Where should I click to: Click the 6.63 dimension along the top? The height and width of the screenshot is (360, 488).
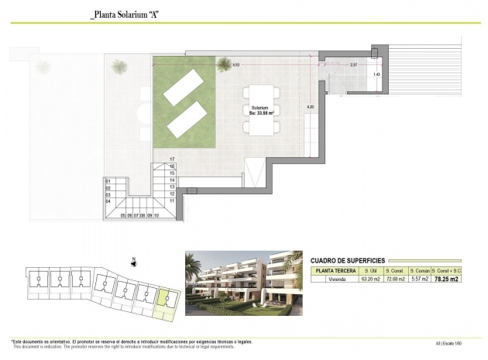(x=235, y=66)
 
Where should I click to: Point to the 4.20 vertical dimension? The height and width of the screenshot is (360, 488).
(x=310, y=107)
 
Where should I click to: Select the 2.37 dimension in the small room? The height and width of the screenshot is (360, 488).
(x=352, y=65)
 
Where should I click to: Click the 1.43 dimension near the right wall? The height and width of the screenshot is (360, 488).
(x=376, y=74)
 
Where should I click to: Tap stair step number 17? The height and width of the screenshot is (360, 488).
(x=172, y=159)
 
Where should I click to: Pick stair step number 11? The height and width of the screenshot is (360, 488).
(x=172, y=200)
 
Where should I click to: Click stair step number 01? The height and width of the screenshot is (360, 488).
(x=108, y=181)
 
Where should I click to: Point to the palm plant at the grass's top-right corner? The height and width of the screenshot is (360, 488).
(x=224, y=62)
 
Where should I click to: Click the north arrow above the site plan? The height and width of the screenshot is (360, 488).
(x=134, y=261)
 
